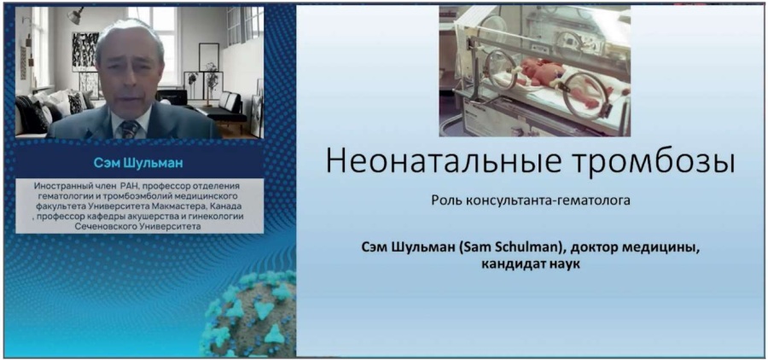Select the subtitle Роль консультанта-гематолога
point(531,201)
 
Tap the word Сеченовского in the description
point(102,227)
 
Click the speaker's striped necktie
point(130,128)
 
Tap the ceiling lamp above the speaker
point(75,15)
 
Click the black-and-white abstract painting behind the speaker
point(84,51)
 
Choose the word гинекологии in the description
point(217,215)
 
